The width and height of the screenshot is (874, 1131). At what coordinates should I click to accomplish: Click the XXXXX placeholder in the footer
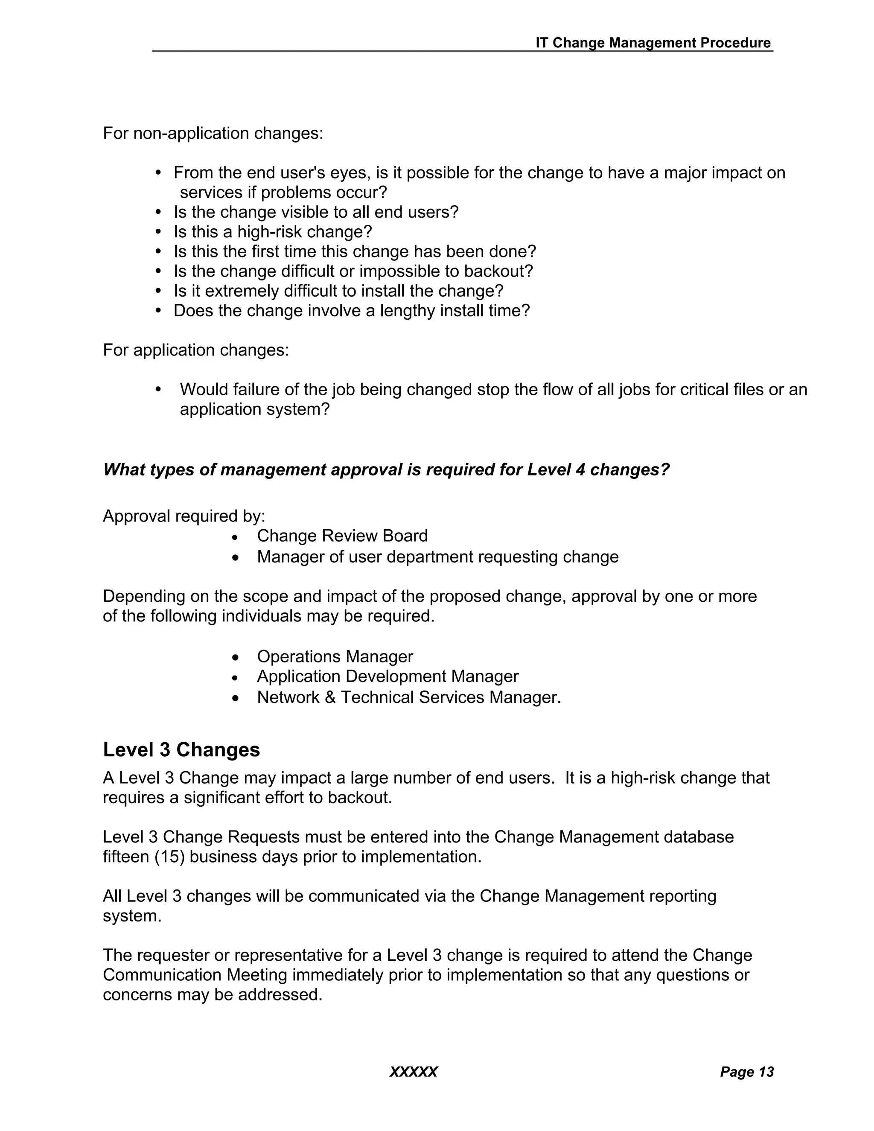tap(413, 1071)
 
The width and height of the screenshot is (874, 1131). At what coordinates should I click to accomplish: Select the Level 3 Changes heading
tap(181, 749)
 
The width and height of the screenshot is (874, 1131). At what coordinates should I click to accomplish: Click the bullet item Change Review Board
tap(342, 536)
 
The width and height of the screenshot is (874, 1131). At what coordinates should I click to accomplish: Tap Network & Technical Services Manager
tap(408, 697)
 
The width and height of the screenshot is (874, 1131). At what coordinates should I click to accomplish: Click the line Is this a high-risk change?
tap(273, 231)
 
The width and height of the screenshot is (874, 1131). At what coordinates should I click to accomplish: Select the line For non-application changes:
tap(213, 133)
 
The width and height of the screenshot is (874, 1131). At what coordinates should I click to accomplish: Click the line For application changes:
tap(196, 350)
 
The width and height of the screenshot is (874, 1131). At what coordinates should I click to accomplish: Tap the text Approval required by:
tap(184, 516)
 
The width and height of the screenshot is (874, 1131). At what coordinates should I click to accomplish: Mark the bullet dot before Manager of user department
tap(236, 558)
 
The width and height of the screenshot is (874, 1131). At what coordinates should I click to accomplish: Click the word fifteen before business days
tap(126, 857)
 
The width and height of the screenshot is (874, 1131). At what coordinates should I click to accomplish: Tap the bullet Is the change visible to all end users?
tap(316, 212)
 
